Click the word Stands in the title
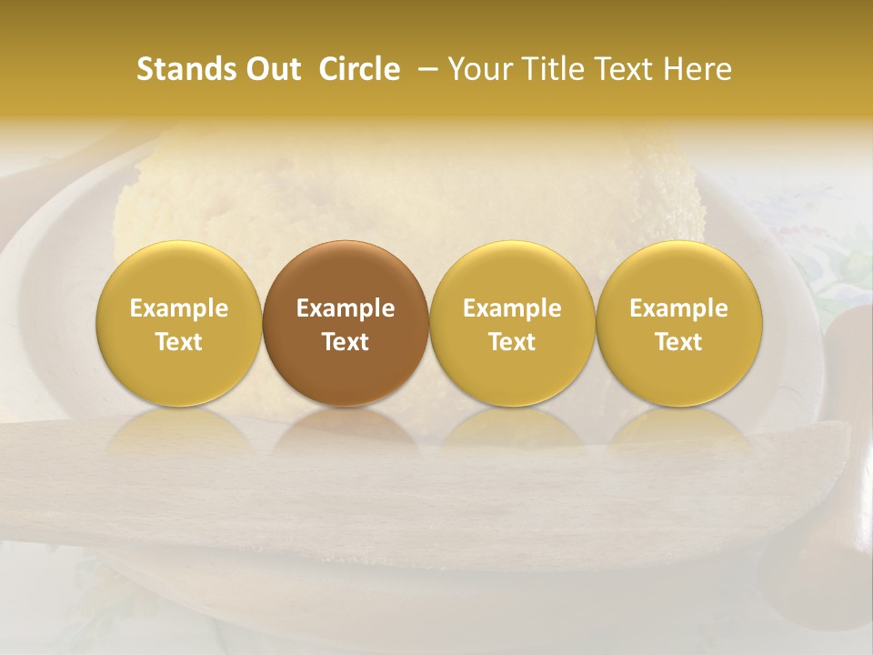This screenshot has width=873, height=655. [x=186, y=69]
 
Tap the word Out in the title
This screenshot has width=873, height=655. [x=272, y=69]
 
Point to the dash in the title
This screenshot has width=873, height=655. [x=425, y=69]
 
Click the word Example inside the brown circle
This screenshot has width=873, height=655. [x=345, y=308]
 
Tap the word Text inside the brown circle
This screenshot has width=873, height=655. [x=345, y=342]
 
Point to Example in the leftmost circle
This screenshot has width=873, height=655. [x=178, y=308]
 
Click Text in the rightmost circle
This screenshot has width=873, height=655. [x=678, y=342]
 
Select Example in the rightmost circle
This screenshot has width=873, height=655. [x=678, y=308]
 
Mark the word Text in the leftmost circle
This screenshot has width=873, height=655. [x=178, y=342]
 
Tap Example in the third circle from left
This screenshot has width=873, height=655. [x=512, y=308]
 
